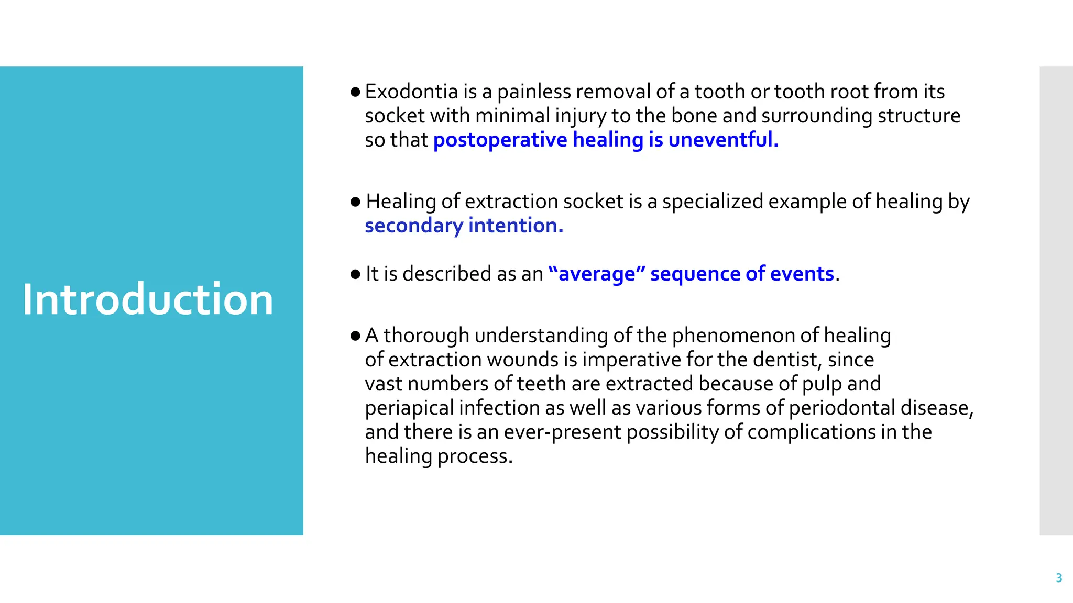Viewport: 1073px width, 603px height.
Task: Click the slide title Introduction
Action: point(148,299)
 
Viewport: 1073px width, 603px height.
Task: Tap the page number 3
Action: point(1059,578)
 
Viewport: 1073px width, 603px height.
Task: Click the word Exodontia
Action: point(411,92)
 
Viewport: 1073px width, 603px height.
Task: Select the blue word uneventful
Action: point(723,140)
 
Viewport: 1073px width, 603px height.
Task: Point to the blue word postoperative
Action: point(500,140)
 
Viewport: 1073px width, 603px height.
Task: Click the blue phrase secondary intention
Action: point(464,226)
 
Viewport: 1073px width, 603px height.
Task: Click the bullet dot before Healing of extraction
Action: point(355,202)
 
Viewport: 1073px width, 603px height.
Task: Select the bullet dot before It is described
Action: point(355,274)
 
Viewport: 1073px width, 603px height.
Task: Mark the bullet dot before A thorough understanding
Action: point(355,336)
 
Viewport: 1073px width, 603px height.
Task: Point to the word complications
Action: point(811,432)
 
